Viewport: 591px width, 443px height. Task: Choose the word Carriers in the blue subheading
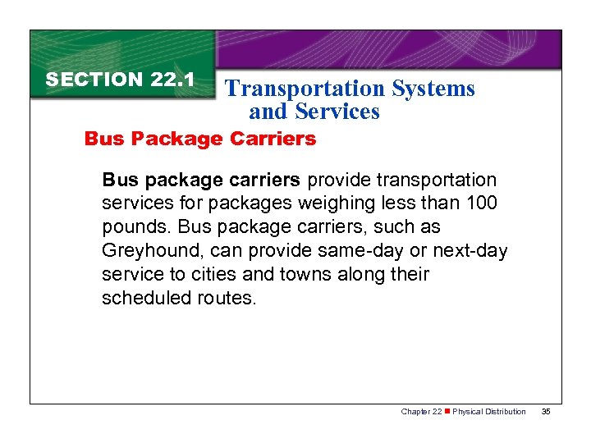(274, 139)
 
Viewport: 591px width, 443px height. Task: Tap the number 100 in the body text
(481, 203)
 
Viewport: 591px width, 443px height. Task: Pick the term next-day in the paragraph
(473, 250)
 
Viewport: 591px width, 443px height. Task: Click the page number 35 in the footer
(546, 412)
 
